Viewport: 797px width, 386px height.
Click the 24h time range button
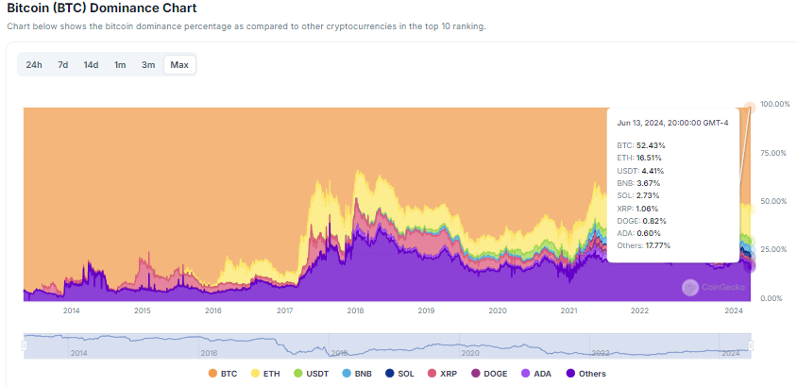(34, 65)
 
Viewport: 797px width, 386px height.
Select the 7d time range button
(62, 65)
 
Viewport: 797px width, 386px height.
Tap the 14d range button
(91, 65)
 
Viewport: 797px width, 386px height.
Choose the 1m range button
(120, 65)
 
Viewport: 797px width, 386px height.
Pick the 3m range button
(148, 65)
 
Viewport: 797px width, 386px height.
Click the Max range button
(179, 65)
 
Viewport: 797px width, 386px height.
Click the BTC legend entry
(222, 374)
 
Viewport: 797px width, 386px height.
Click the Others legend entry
(585, 374)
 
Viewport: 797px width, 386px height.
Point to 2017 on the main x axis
(284, 310)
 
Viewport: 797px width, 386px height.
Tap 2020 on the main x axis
(498, 310)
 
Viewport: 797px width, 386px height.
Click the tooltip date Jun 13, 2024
(670, 123)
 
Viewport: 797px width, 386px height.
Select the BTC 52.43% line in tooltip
(641, 145)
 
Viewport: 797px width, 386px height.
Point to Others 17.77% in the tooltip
(644, 245)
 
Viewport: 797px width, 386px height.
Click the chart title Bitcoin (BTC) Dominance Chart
(102, 8)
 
